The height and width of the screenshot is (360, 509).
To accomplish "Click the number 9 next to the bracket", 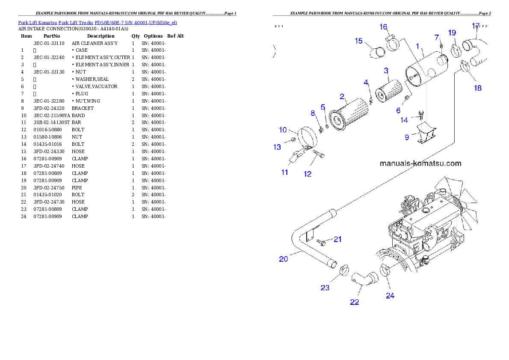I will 407,137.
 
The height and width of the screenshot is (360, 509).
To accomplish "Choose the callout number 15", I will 358,41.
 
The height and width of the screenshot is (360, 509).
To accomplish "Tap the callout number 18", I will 477,88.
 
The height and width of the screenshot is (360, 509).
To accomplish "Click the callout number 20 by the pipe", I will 284,259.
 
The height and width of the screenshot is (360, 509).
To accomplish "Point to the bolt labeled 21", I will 321,242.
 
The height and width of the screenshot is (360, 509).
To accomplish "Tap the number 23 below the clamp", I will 325,288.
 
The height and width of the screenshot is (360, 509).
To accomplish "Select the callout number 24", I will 390,295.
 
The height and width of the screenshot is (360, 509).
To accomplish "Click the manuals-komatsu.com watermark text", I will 420,163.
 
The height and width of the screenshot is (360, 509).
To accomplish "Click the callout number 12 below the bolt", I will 308,174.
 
